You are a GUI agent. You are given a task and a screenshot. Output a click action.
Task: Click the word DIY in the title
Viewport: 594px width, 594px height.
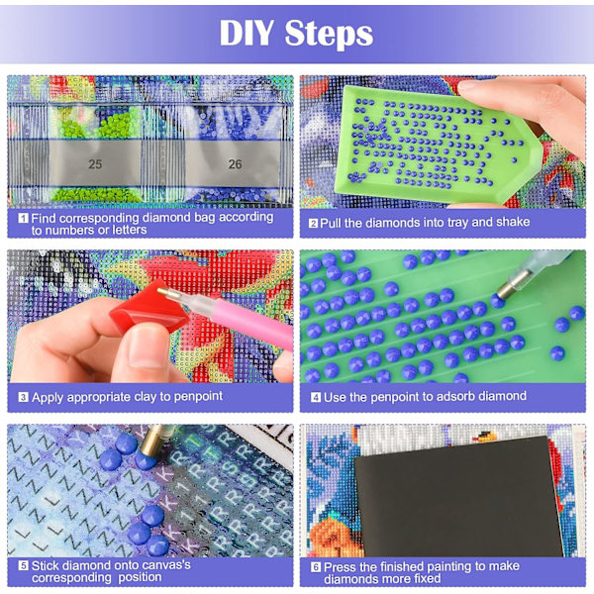[x=247, y=33]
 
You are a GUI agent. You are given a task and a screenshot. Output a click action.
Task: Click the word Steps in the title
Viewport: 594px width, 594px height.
[x=329, y=34]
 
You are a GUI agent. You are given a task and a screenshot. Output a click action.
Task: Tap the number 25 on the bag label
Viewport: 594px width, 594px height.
[x=95, y=164]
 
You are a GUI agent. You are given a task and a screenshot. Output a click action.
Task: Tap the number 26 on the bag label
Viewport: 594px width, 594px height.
[x=235, y=164]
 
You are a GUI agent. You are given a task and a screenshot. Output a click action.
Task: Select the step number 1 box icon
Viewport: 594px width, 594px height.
[x=23, y=218]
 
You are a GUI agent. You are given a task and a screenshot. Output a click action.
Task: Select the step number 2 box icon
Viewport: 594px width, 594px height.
[x=313, y=223]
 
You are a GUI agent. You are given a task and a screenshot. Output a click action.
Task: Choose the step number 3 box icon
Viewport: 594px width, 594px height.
[x=23, y=397]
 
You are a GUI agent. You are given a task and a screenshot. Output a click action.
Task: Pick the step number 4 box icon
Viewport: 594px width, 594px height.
[x=316, y=397]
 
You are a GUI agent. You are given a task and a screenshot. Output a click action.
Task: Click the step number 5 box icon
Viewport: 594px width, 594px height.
[x=23, y=566]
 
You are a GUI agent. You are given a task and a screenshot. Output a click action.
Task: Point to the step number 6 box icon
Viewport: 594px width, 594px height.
[x=316, y=567]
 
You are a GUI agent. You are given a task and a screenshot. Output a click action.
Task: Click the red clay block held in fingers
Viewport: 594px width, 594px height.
[x=149, y=310]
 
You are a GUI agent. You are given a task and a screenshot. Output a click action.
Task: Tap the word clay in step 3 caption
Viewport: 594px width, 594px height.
[x=145, y=397]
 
